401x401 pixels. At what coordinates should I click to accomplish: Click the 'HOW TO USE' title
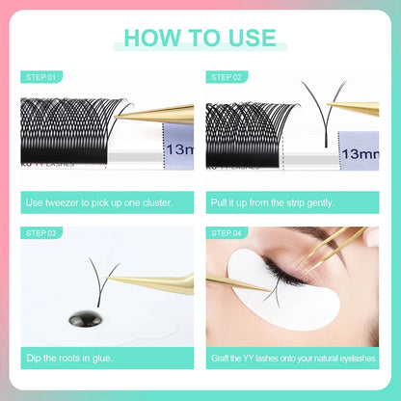pyautogui.click(x=200, y=38)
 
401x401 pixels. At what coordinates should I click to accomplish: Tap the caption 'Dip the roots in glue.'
pyautogui.click(x=70, y=359)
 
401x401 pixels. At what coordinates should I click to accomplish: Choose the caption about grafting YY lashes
pyautogui.click(x=294, y=359)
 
